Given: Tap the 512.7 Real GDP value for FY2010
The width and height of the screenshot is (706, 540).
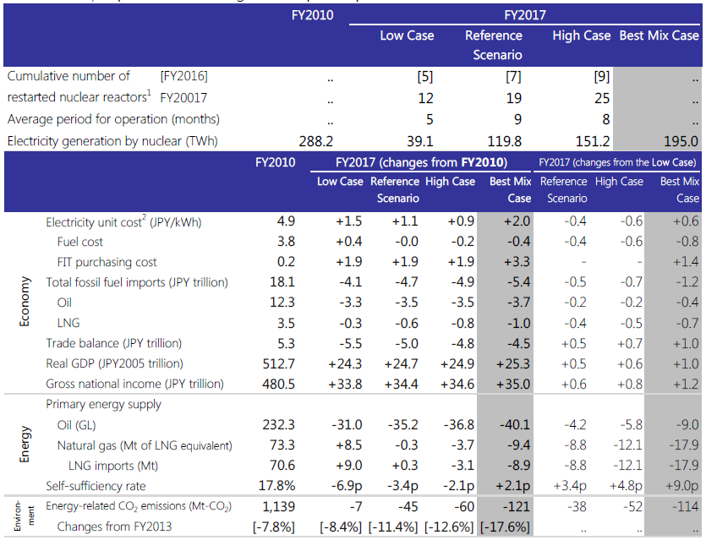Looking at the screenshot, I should coord(279,363).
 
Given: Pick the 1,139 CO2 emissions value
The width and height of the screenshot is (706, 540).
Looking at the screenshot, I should coord(277,506).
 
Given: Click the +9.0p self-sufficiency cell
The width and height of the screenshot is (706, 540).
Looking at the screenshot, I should coord(681,486).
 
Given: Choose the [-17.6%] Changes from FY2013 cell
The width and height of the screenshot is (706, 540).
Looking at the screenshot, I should coord(505,526).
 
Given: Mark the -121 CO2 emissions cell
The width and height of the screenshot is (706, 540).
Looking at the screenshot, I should coord(515,506).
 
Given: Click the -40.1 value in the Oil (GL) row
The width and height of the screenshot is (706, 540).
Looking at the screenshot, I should coord(515,424).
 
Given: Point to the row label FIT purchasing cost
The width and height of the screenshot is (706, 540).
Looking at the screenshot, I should coord(107,262).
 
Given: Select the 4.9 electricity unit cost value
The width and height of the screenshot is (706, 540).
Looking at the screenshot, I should coord(286,221).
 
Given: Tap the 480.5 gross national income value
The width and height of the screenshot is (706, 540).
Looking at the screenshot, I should coord(279,384).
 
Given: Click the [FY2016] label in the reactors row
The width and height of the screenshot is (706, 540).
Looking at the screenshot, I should coord(183,76).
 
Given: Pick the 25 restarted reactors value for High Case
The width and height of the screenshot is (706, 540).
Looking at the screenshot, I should coord(602,97).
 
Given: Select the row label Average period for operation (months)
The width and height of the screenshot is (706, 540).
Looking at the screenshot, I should coord(113,119).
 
